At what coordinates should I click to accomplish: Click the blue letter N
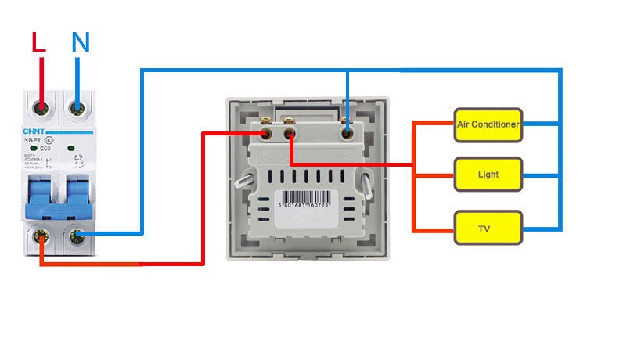pyautogui.click(x=80, y=43)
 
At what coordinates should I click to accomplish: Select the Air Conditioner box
pyautogui.click(x=488, y=124)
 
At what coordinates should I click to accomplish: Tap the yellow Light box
pyautogui.click(x=488, y=174)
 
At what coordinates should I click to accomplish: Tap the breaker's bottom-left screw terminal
pyautogui.click(x=40, y=236)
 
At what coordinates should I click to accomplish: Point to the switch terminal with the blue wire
pyautogui.click(x=348, y=134)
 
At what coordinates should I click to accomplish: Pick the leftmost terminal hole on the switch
pyautogui.click(x=267, y=135)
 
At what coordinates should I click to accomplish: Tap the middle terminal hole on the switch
pyautogui.click(x=290, y=135)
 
